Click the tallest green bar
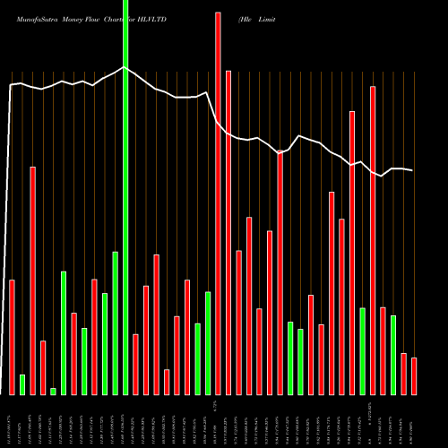[125, 197]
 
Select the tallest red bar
[218, 202]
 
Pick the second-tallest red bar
[228, 232]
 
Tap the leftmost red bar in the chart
[13, 337]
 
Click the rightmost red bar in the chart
[414, 375]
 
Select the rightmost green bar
[393, 355]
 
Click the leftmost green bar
[22, 384]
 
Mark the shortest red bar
[167, 382]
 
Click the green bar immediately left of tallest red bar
[208, 342]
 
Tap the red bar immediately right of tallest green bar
[136, 364]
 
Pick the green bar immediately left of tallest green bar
[116, 323]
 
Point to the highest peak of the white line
[125, 66]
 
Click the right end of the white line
[413, 170]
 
